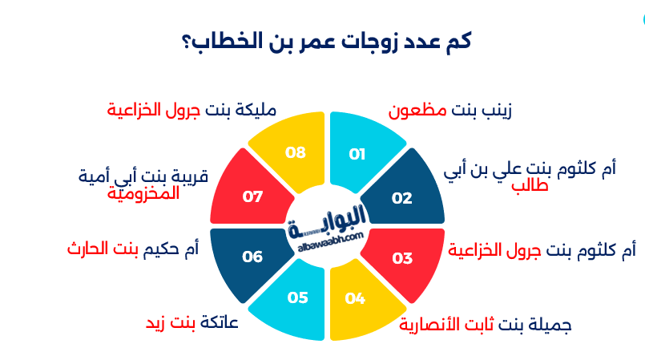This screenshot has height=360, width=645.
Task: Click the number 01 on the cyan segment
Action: (x=357, y=154)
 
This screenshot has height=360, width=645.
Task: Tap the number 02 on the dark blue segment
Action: (x=401, y=198)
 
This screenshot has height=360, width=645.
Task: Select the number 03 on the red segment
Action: (x=402, y=258)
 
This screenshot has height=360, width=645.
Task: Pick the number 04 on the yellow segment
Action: (x=356, y=298)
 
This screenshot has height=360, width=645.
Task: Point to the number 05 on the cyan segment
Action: (x=297, y=298)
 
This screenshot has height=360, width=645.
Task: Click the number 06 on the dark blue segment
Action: (x=253, y=257)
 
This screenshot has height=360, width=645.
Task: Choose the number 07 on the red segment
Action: (x=253, y=196)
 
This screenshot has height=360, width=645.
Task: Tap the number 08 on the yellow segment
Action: (x=296, y=152)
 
